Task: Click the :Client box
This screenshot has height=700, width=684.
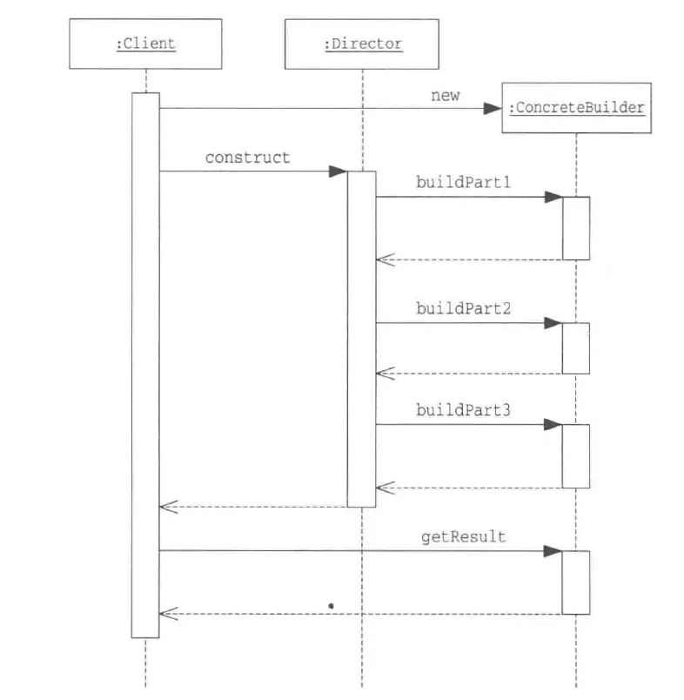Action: pyautogui.click(x=145, y=44)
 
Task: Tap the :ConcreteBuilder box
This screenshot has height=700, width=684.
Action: pyautogui.click(x=576, y=109)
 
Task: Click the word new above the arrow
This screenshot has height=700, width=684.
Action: pyautogui.click(x=445, y=96)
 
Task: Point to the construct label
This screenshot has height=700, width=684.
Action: pyautogui.click(x=247, y=158)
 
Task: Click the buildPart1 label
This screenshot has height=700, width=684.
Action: pyautogui.click(x=463, y=183)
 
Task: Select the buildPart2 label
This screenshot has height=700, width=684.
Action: pyautogui.click(x=463, y=308)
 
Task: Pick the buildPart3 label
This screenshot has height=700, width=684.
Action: pyautogui.click(x=463, y=410)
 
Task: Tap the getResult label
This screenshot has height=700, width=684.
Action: pyautogui.click(x=463, y=537)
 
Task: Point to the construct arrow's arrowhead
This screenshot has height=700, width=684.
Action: pyautogui.click(x=338, y=172)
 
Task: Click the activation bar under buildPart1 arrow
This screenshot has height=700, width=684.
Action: pyautogui.click(x=575, y=228)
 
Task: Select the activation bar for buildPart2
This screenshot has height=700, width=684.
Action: pyautogui.click(x=575, y=348)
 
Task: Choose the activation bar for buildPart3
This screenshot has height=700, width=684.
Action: pyautogui.click(x=575, y=456)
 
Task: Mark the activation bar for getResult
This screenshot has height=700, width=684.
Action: pyautogui.click(x=575, y=582)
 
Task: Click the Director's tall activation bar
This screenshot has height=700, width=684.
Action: pyautogui.click(x=361, y=340)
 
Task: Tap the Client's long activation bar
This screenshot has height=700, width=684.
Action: pyautogui.click(x=145, y=366)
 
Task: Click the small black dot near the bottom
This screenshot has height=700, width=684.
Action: pyautogui.click(x=332, y=603)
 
